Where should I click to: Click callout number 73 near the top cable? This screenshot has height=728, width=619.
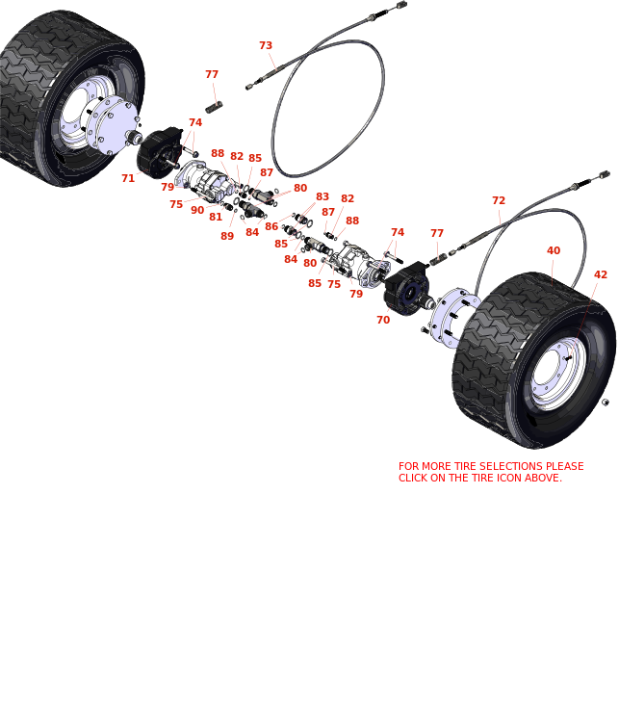click(x=266, y=45)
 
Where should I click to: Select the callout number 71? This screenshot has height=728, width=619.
click(x=128, y=178)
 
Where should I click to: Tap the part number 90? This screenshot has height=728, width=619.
click(x=197, y=210)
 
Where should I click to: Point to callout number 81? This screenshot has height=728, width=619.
click(x=216, y=217)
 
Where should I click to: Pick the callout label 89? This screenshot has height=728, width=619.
click(x=227, y=236)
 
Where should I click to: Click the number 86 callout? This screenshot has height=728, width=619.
click(x=271, y=226)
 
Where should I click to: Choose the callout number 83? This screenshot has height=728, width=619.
click(x=322, y=196)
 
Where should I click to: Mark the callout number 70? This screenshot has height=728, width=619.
click(x=383, y=320)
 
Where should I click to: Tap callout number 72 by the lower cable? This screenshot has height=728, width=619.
click(x=499, y=200)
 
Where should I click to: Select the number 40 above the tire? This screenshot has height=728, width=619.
click(x=554, y=250)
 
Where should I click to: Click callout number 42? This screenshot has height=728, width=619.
click(x=601, y=274)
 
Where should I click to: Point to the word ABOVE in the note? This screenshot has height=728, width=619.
click(x=542, y=478)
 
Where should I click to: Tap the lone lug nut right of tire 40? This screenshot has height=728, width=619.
click(x=606, y=402)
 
